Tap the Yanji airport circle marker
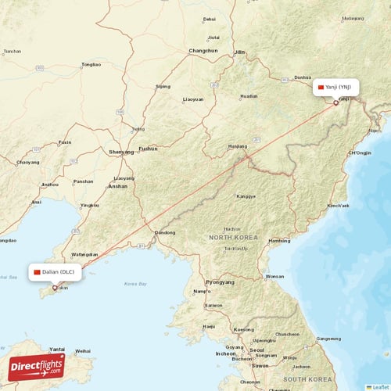pos(335,102)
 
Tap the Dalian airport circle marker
pos(54,288)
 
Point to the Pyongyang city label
pos(219,282)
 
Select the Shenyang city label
pos(121,152)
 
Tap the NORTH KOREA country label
pos(233,236)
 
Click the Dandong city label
pos(165,232)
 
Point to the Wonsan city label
pos(274,276)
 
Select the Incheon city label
pos(227,353)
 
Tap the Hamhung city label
pos(278,241)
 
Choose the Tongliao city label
pos(91,65)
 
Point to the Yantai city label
pos(57,349)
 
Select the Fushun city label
pos(148,148)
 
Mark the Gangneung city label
pos(328,339)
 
